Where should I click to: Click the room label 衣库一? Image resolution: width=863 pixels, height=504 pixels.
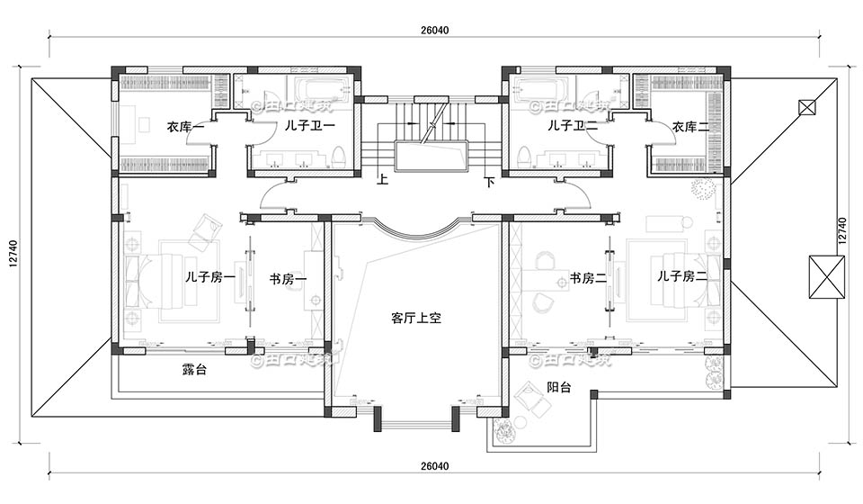(x=186, y=127)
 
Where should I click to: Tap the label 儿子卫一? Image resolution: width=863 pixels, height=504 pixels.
(x=310, y=127)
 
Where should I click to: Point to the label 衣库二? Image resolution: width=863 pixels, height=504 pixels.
(x=691, y=127)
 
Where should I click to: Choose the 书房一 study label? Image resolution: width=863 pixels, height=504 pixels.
(x=288, y=278)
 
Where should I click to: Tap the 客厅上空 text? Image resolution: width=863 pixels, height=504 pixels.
(x=414, y=318)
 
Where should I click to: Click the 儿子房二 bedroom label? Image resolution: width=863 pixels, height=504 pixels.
(x=681, y=276)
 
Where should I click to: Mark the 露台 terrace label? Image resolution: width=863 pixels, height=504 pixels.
(x=194, y=369)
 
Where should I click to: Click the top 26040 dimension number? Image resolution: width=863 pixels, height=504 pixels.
(x=434, y=30)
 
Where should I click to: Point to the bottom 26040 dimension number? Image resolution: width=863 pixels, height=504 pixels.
(x=434, y=467)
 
